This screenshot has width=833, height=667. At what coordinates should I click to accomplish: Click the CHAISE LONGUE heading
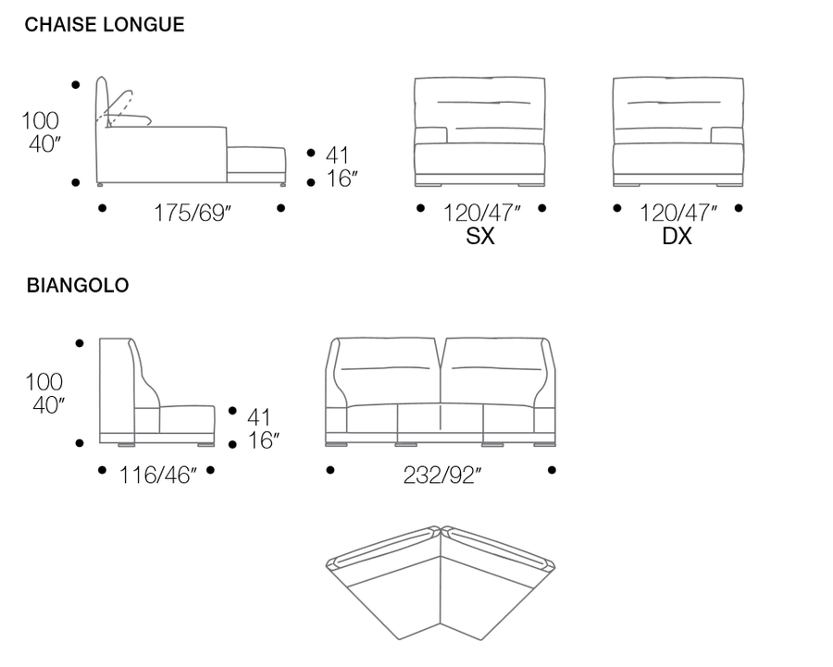[105, 24]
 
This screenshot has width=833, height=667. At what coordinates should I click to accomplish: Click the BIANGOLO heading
[78, 285]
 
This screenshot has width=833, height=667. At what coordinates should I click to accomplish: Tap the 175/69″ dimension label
[193, 213]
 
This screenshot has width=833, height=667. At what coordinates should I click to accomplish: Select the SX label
[480, 236]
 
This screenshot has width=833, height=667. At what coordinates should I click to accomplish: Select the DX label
[677, 236]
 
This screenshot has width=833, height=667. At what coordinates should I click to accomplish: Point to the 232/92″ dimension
[442, 476]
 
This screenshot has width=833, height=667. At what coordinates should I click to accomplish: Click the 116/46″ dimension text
[157, 476]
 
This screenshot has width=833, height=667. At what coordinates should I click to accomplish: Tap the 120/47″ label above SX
[482, 213]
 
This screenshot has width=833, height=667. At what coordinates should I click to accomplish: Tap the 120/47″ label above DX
[678, 213]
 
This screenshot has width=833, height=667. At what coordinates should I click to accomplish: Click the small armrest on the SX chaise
[430, 135]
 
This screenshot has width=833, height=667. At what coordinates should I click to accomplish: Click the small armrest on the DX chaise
[727, 135]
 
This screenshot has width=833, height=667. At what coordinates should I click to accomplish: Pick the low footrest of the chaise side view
[256, 166]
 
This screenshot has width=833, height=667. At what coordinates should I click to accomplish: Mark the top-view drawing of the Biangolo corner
[441, 583]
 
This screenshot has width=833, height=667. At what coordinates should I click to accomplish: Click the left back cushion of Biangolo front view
[386, 372]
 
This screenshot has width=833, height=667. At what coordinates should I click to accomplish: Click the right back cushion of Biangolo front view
[495, 372]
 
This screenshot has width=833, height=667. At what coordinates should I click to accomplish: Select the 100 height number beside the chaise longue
[40, 120]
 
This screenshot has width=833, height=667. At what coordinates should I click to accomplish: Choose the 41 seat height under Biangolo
[259, 417]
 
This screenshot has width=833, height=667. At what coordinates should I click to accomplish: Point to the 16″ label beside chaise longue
[342, 179]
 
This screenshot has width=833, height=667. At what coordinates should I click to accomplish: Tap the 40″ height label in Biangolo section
[48, 406]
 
